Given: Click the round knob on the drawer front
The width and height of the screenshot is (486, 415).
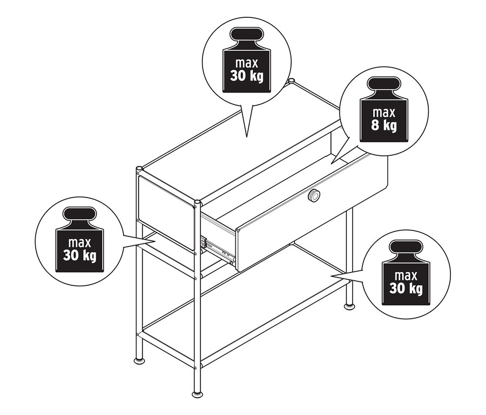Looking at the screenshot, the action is point(314,195).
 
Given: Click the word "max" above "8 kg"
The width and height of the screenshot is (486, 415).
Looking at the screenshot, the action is point(384,113).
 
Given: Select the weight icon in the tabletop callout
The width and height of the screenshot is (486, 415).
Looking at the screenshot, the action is point(246,60).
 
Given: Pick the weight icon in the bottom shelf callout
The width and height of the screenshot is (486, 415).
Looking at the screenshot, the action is point(406,272).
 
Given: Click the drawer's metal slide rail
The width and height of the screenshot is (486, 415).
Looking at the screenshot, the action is point(219,248).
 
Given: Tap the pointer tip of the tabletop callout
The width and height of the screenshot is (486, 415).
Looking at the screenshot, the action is point(246,137).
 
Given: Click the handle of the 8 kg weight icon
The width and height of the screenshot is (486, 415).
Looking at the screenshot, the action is point(384,84).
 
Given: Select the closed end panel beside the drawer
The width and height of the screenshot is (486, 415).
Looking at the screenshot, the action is point(166,213).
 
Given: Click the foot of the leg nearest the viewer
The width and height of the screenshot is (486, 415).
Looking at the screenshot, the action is point(197,394).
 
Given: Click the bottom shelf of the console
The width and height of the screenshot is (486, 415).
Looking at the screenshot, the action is point(245,303).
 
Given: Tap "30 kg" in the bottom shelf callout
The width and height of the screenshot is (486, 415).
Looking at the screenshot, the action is point(406,288).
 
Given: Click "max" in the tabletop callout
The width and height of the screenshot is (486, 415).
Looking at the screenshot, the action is point(246,63).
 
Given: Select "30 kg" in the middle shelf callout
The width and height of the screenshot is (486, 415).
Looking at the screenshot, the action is point(80,255).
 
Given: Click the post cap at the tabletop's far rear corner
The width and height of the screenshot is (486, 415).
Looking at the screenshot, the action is point(291,81).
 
